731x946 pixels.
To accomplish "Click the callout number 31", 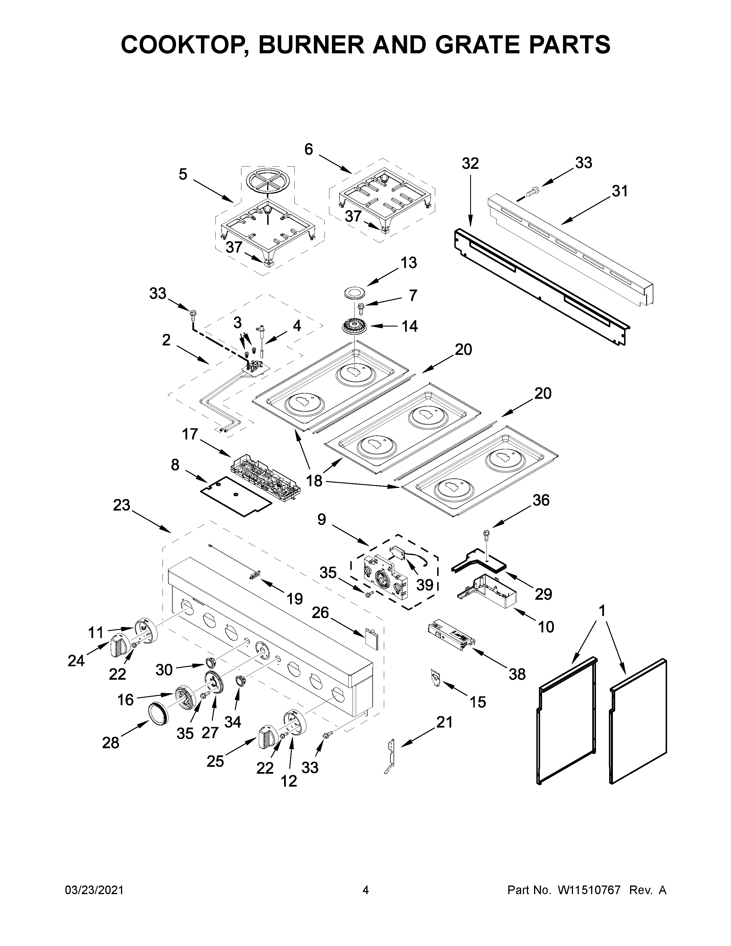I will (619, 191).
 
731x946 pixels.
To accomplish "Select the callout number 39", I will (425, 585).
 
